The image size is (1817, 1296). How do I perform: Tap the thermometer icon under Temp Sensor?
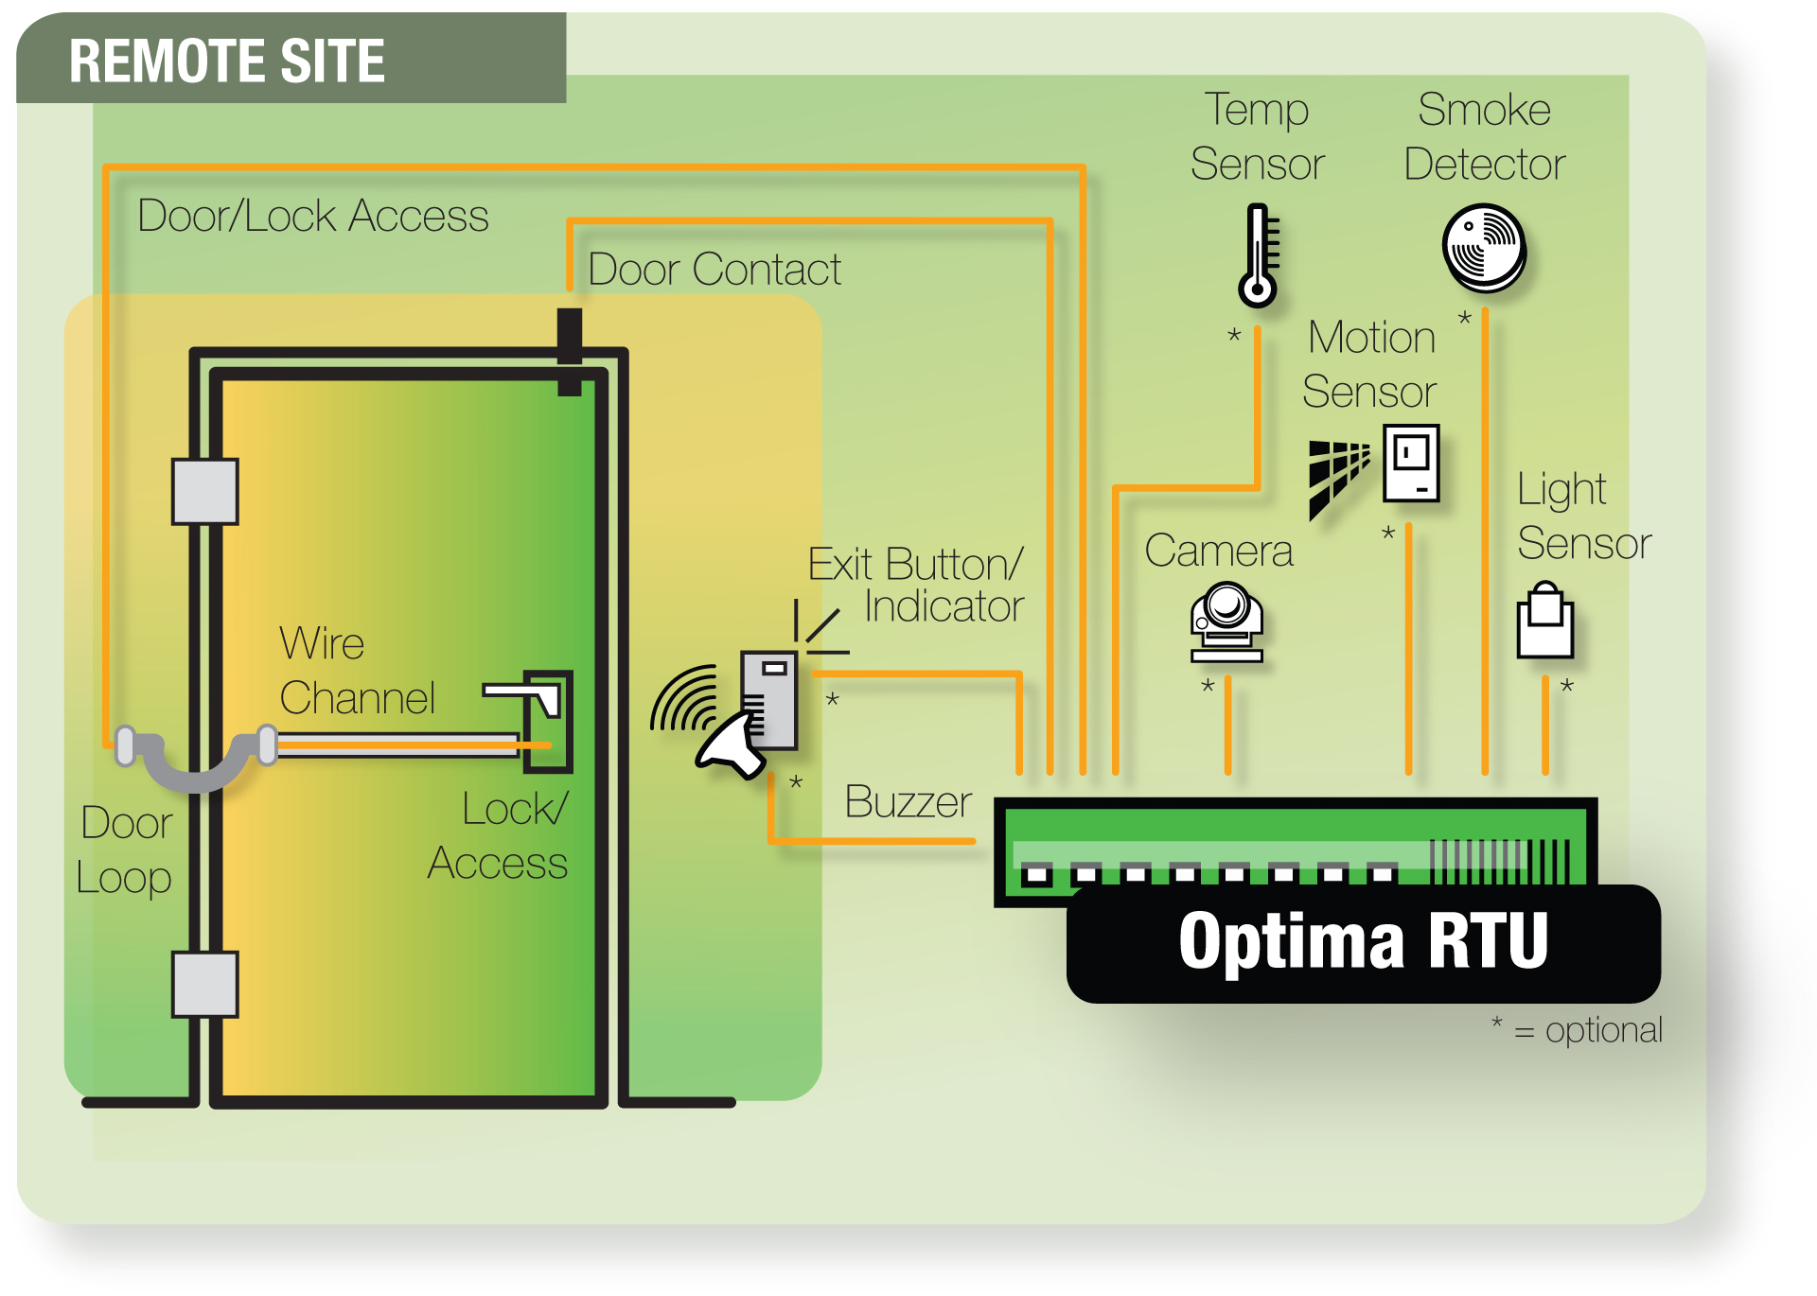coord(1258,256)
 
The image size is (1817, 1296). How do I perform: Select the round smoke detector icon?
coord(1484,248)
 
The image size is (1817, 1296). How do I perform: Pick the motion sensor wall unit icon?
coord(1411,463)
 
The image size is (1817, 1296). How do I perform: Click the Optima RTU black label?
coord(1363,943)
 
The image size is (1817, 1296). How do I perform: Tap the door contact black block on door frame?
coord(569,351)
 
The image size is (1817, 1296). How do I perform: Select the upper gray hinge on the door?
coord(204,491)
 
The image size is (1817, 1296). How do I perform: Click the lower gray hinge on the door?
coord(204,984)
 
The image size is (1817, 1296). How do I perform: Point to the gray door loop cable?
coord(195,762)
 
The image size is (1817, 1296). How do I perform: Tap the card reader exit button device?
coord(770,698)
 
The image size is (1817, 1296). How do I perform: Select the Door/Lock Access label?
coord(313,216)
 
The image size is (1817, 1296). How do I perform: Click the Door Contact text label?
coord(714,270)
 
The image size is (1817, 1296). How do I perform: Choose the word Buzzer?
coord(908,802)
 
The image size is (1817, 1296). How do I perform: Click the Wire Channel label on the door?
coord(357,671)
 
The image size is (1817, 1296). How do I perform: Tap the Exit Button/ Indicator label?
coord(916,585)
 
